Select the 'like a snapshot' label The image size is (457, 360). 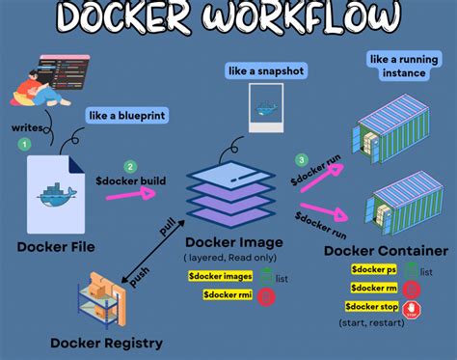[264, 69]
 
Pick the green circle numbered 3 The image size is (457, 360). [302, 159]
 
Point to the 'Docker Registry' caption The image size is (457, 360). [105, 343]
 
